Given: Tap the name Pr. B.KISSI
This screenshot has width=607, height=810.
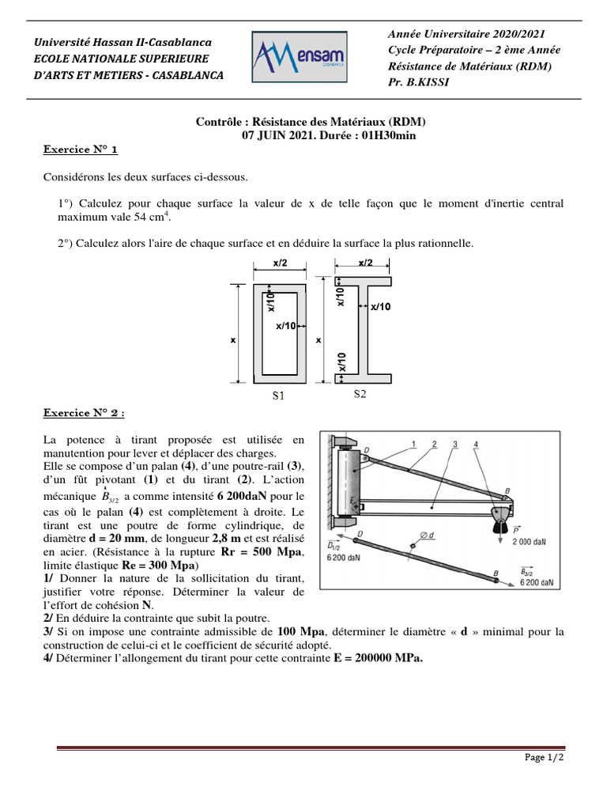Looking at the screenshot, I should [x=418, y=81].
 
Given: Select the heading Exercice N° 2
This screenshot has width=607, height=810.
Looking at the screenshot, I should [x=83, y=412].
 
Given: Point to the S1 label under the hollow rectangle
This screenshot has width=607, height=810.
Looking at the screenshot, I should [x=278, y=396].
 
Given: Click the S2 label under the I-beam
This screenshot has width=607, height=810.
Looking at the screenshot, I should [x=360, y=393].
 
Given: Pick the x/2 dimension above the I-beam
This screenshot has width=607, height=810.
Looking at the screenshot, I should [x=366, y=263].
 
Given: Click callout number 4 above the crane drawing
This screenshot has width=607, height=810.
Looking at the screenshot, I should [x=475, y=445].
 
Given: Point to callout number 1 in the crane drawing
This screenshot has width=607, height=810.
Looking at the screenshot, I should [x=414, y=445].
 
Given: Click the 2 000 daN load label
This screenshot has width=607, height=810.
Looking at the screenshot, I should [x=529, y=542].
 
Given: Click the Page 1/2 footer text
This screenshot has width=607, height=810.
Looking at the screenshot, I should [x=544, y=758].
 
